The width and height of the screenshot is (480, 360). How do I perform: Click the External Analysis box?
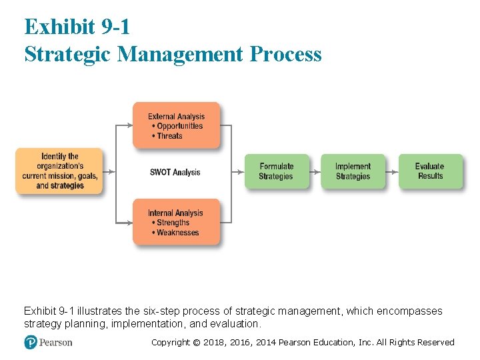click(x=176, y=125)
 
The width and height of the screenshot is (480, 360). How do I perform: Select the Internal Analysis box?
click(x=176, y=221)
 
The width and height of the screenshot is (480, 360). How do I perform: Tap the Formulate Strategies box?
click(x=277, y=171)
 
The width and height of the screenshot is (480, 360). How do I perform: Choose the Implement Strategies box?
click(x=353, y=171)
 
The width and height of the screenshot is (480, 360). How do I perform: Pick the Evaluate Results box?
click(x=430, y=171)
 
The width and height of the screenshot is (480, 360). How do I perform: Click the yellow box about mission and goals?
click(x=60, y=171)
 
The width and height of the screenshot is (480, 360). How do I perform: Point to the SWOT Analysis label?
click(x=175, y=172)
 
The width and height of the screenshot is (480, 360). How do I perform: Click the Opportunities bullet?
click(x=177, y=126)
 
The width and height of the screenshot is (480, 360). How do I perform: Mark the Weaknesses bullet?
click(x=175, y=233)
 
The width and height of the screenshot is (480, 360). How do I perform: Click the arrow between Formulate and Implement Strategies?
click(x=315, y=171)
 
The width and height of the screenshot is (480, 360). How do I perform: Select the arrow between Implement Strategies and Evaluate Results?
click(x=392, y=171)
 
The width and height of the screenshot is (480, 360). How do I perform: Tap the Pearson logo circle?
click(x=31, y=342)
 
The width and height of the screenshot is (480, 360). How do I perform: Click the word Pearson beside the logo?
click(x=56, y=343)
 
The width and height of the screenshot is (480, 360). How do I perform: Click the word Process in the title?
click(x=286, y=53)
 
